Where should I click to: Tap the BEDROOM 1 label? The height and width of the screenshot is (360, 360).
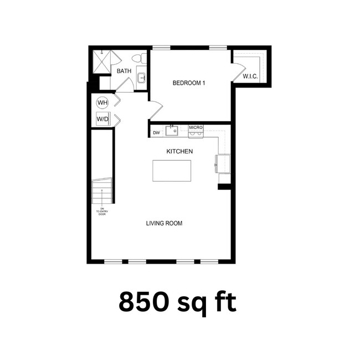click(x=189, y=83)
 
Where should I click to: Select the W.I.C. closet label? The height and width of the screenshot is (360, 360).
click(x=250, y=76)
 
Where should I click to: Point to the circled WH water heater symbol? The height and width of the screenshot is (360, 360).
click(x=102, y=102)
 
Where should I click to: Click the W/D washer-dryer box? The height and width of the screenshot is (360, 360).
click(x=102, y=119)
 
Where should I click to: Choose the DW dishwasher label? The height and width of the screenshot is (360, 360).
click(x=156, y=132)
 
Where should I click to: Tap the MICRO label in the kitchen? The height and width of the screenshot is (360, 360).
click(x=196, y=128)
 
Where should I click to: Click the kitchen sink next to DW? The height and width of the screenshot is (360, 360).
click(x=172, y=131)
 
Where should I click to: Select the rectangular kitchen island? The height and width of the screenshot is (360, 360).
click(x=172, y=170)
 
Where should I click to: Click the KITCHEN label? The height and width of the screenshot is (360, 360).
click(x=179, y=151)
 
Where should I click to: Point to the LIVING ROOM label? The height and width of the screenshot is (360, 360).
click(x=164, y=223)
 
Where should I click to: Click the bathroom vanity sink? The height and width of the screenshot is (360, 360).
click(x=141, y=77)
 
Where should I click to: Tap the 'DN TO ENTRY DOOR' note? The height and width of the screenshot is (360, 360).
click(x=101, y=211)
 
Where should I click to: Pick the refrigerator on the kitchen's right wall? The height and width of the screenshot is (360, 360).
click(x=223, y=163)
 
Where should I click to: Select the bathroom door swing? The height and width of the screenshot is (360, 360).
click(x=124, y=85)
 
